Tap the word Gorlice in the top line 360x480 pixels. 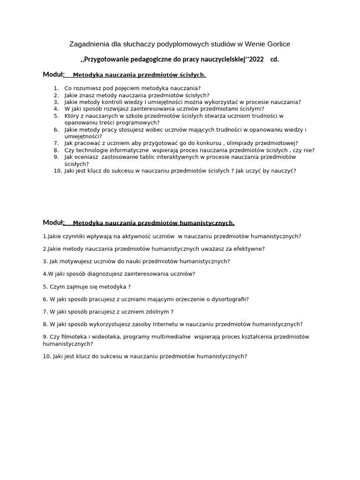point(278,44)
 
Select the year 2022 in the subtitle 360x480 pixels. point(256,60)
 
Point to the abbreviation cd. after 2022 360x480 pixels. point(275,60)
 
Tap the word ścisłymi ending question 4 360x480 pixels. point(249,109)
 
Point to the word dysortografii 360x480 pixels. point(230,299)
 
